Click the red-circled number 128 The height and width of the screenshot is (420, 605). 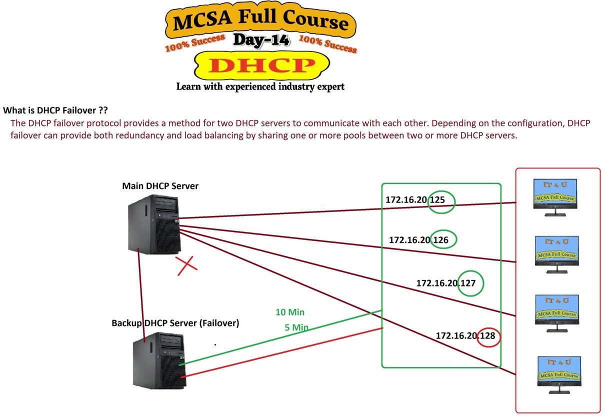487,336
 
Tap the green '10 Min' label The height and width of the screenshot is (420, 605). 290,312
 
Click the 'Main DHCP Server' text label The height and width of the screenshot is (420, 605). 160,186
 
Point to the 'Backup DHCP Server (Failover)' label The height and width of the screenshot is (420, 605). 175,323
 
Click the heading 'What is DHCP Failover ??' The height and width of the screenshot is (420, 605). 56,110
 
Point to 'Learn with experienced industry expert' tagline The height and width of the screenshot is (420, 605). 260,86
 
